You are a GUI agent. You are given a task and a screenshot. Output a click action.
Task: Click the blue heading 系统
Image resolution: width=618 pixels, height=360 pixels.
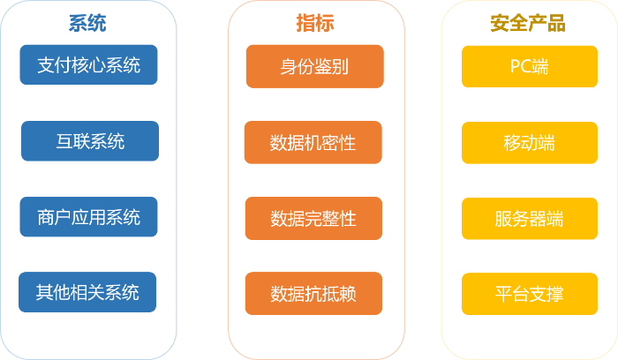(87, 23)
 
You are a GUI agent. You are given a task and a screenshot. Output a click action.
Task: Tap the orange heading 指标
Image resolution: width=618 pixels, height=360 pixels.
(315, 23)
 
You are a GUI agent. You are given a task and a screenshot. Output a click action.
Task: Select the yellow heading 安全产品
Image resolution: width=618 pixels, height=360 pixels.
(527, 23)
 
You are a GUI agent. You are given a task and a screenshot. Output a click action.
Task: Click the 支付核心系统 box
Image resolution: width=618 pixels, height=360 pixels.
(88, 65)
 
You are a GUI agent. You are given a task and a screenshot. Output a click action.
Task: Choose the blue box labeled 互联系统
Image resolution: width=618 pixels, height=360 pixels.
(89, 141)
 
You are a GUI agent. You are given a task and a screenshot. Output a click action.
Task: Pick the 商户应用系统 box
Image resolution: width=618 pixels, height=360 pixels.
(88, 217)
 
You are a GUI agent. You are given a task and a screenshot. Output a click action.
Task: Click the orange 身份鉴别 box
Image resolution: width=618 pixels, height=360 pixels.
(314, 67)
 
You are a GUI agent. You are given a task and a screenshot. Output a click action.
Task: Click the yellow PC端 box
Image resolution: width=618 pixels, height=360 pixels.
(530, 67)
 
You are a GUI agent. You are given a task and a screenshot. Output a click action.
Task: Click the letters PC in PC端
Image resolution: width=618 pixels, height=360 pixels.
(520, 67)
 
